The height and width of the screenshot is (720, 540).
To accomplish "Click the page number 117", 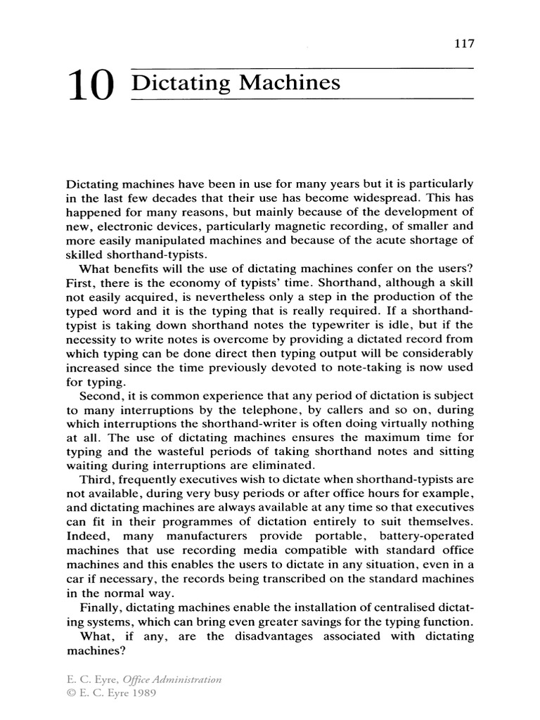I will point(464,43).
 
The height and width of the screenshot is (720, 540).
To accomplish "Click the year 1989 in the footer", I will point(140,693).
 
